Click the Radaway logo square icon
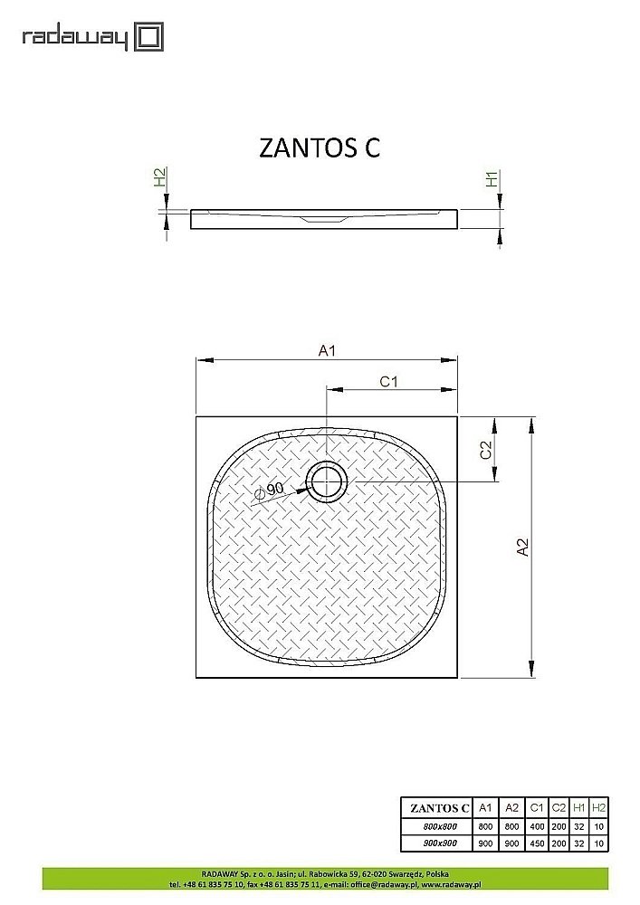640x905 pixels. coord(148,37)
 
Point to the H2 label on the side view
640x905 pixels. coord(159,178)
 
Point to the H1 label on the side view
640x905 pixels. coord(492,179)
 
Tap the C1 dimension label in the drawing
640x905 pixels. coord(389,382)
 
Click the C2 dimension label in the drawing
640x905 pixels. coord(486,450)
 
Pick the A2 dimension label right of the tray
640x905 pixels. coord(521,548)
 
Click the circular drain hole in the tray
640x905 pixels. coord(324,482)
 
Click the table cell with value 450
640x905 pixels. coord(536,843)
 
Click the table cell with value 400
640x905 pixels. coord(536,826)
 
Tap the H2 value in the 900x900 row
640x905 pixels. coord(598,843)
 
